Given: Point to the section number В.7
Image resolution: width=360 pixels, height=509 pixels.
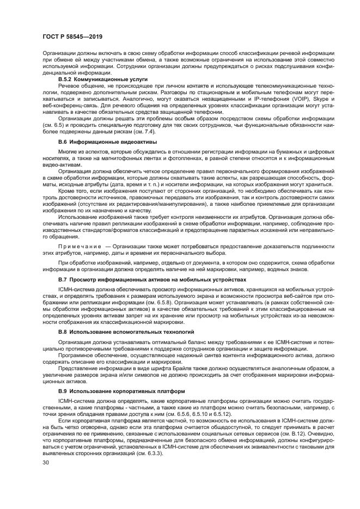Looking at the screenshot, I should [63, 279].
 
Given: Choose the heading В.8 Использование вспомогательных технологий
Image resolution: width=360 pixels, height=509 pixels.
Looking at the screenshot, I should [126, 330].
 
